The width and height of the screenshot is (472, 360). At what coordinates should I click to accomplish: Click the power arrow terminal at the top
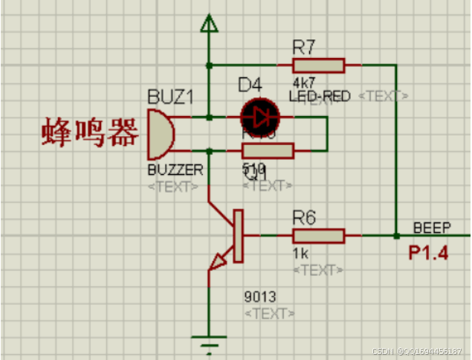point(209,26)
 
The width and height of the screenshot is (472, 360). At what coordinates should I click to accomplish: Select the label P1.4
point(428,253)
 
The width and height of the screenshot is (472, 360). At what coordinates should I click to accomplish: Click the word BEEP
point(431,228)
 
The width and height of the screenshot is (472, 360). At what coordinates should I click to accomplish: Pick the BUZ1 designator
point(171,97)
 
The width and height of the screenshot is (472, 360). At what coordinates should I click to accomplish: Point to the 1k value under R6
point(300,253)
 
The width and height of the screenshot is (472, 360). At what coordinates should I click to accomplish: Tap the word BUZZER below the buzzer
point(175,170)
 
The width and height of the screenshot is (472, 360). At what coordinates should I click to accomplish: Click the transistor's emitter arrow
point(221,261)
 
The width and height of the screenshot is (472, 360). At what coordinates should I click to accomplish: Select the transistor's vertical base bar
point(239,236)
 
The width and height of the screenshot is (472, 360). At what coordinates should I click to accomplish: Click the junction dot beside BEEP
point(396,236)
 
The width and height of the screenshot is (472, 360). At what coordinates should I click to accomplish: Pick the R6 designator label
point(305,217)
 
